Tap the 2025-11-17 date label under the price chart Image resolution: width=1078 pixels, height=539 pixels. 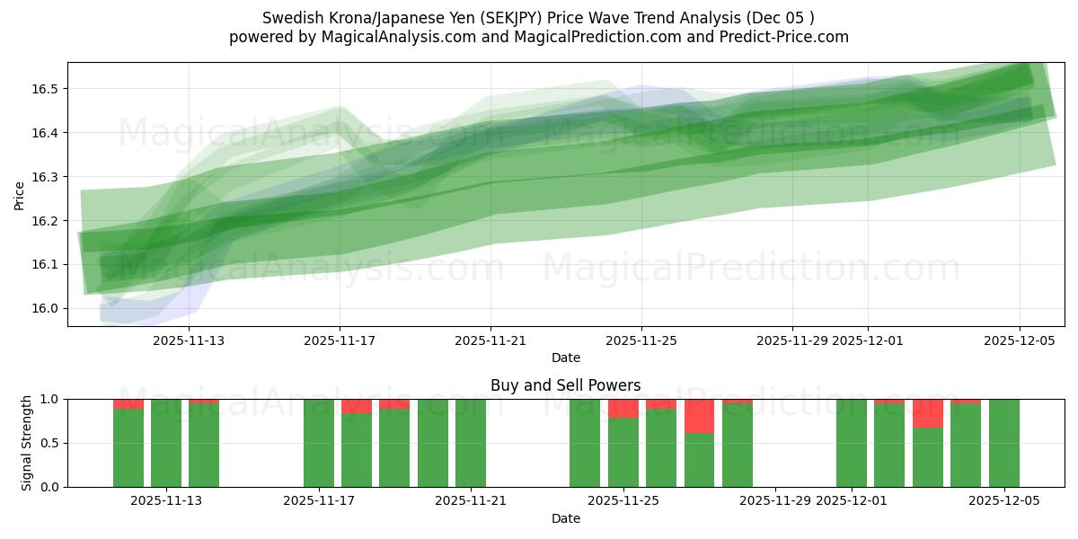coord(340,340)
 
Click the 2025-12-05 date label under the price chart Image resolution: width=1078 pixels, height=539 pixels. coord(1019,340)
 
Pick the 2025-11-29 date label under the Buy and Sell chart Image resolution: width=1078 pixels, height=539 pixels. coord(774,501)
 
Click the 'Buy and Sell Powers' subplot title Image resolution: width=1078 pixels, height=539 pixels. coord(565,385)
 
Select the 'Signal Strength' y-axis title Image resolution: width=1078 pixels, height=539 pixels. coord(27,443)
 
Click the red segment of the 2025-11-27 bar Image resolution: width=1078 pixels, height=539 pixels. coord(699,416)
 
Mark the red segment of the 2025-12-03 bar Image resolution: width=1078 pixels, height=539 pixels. coord(927,413)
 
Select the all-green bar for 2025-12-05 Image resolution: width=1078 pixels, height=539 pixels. coord(1003,443)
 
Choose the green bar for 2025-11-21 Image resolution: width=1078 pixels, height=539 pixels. coord(471,443)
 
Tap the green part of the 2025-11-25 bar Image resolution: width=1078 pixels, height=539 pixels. coord(623,453)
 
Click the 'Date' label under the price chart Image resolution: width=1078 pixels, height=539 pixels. coord(565,358)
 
